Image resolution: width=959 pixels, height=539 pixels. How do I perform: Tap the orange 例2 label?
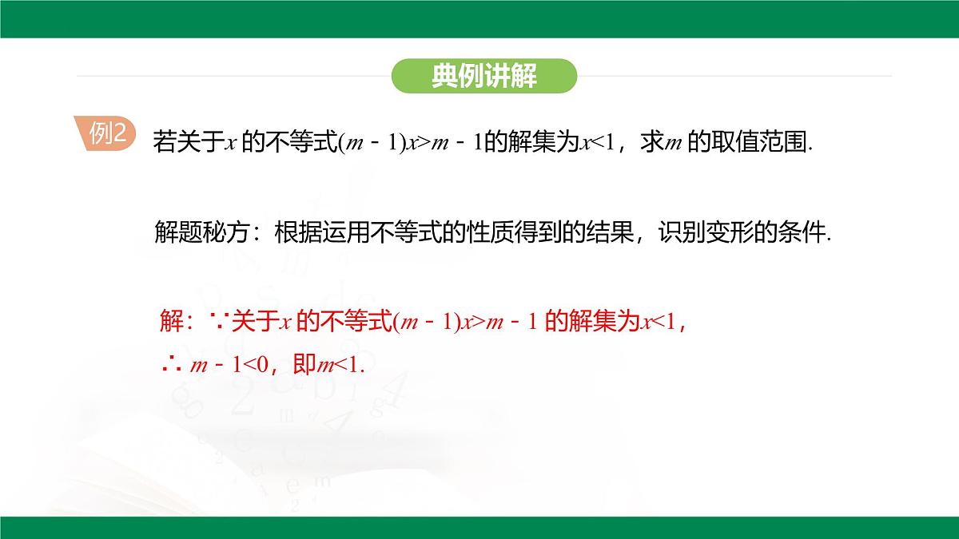107,134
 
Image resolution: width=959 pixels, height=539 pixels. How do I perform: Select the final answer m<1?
339,366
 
